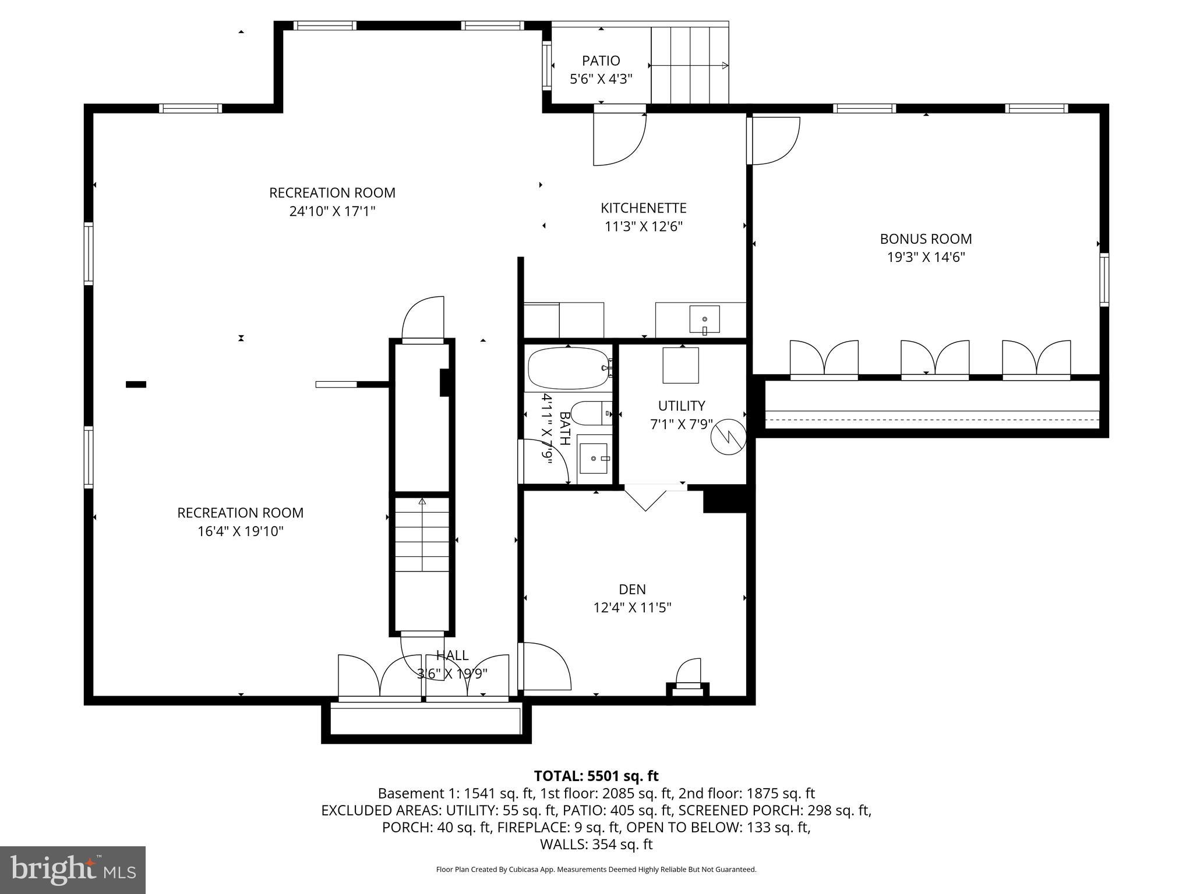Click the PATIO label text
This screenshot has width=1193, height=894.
tap(601, 61)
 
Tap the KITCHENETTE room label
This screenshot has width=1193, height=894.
tap(643, 208)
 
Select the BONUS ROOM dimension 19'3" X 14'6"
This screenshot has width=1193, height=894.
tap(926, 257)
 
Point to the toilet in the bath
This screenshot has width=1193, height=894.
tap(591, 413)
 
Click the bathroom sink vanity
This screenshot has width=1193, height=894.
tap(594, 459)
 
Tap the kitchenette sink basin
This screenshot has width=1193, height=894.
tap(704, 319)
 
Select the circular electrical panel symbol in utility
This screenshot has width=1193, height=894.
tap(728, 436)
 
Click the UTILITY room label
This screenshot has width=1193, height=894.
tap(681, 406)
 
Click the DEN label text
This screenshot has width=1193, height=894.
tap(632, 589)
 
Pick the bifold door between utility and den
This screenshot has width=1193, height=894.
tap(645, 498)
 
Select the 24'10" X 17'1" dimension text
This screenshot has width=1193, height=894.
tap(332, 211)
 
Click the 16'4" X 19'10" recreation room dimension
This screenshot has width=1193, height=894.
tap(240, 531)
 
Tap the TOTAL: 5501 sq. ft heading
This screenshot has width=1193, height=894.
tap(596, 776)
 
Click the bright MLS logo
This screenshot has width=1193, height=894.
tap(73, 870)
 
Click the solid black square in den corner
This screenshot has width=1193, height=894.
tap(725, 500)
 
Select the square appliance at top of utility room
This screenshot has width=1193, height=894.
tap(680, 366)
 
